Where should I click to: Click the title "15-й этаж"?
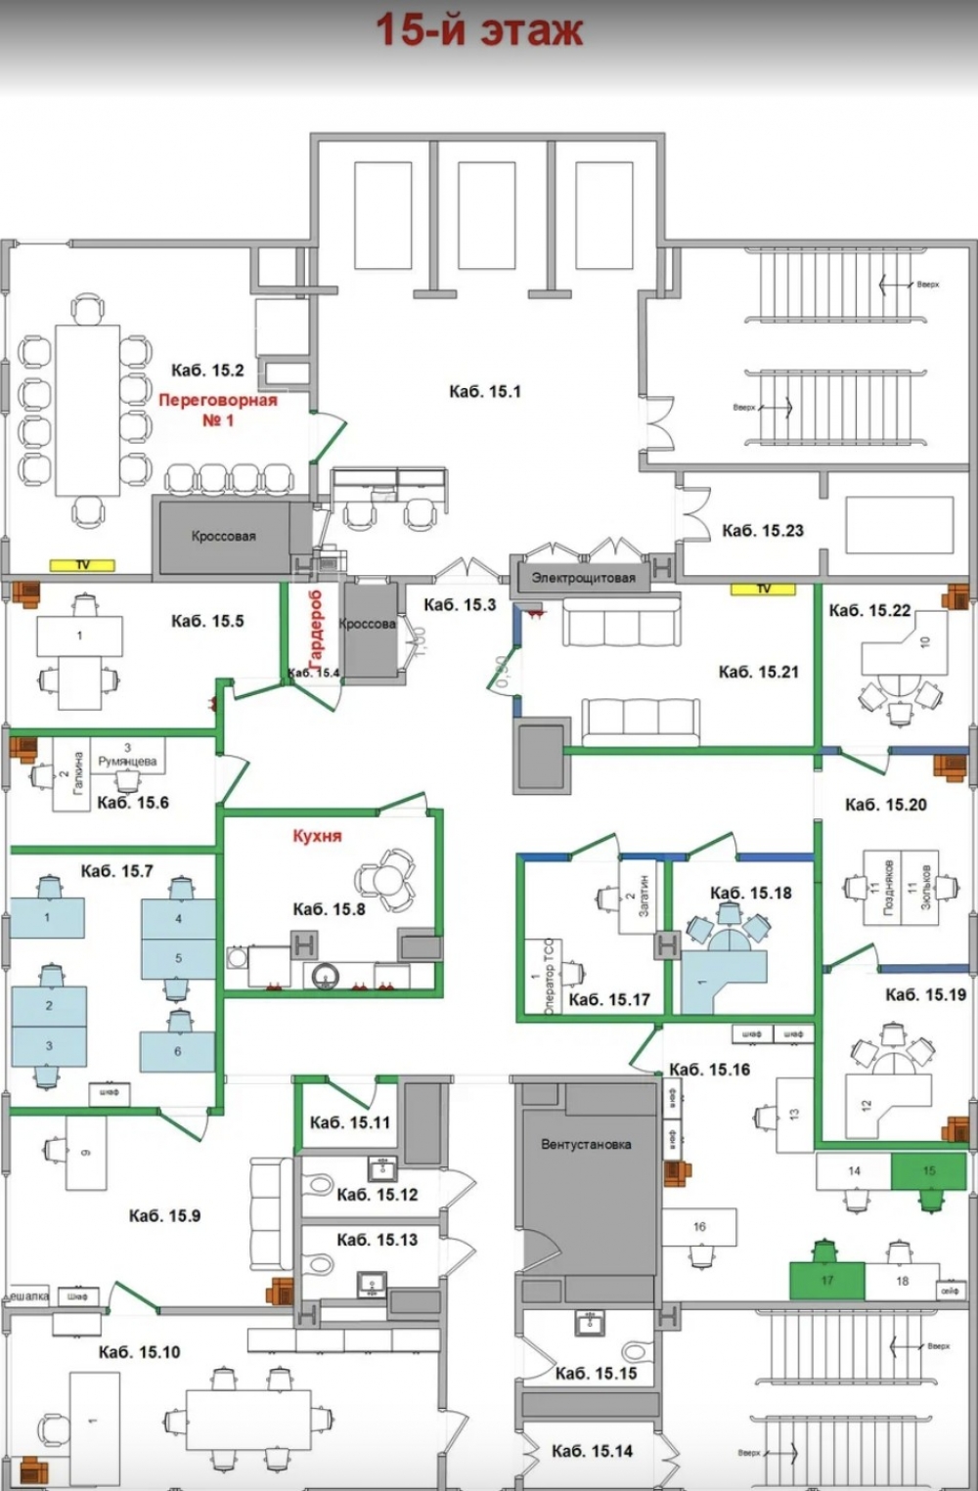click(479, 29)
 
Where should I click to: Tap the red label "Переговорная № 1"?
click(218, 410)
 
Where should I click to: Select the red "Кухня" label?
click(317, 836)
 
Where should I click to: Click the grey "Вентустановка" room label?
click(586, 1144)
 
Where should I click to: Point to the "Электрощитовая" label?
click(583, 578)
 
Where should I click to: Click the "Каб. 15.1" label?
click(485, 392)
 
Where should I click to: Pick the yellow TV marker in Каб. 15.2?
click(83, 565)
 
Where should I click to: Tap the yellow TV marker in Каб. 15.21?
click(763, 589)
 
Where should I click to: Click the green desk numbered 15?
click(928, 1170)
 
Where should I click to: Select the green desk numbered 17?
click(827, 1280)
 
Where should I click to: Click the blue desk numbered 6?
click(177, 1052)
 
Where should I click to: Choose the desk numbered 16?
click(699, 1226)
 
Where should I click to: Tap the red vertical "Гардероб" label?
click(315, 632)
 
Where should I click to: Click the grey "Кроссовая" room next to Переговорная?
click(223, 537)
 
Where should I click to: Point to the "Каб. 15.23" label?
click(762, 531)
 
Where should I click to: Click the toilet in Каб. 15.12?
click(319, 1185)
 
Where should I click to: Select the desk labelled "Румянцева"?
click(127, 758)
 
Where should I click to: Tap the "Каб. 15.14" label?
click(592, 1452)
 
